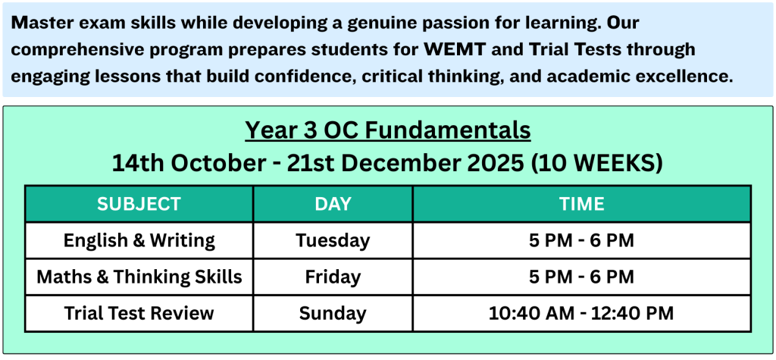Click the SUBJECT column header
coord(139,204)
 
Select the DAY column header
coord(333,204)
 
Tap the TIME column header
coord(581,204)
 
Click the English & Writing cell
coord(139,241)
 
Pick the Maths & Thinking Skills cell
coord(139,277)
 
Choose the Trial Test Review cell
coord(139,314)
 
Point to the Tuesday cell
coord(333,241)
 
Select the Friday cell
coord(333,277)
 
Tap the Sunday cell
coord(333,314)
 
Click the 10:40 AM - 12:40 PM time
coord(581,314)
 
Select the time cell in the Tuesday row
coord(581,241)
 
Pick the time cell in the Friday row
coord(581,277)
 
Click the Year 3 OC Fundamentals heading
coord(388,131)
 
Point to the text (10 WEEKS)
coord(596,164)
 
